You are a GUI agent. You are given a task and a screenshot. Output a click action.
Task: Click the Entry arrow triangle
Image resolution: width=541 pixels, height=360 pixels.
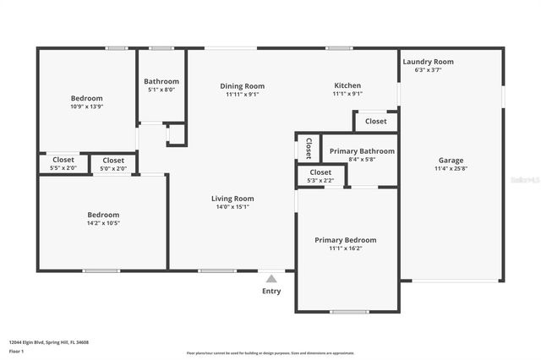[270, 278]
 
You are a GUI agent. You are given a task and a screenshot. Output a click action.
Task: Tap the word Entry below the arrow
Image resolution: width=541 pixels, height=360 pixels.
[271, 292]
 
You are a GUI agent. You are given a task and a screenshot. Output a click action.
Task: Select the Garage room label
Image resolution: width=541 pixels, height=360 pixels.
[451, 161]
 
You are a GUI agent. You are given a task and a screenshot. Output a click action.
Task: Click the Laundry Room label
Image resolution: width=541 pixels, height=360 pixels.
[428, 62]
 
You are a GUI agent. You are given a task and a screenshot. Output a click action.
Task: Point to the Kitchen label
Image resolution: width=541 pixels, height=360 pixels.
[347, 85]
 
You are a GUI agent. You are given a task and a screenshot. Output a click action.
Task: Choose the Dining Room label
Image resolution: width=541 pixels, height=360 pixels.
[242, 85]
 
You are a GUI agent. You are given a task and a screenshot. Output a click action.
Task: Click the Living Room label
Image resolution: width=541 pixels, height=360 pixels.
[232, 199]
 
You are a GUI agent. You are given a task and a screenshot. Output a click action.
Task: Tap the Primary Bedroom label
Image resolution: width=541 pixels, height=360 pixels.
[346, 240]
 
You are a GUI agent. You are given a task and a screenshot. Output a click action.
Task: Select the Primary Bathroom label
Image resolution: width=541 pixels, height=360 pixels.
[350, 151]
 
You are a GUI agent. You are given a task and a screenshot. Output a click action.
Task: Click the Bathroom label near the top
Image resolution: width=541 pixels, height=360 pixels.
[162, 81]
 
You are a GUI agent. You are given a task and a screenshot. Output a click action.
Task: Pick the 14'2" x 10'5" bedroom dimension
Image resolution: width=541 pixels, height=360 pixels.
[104, 223]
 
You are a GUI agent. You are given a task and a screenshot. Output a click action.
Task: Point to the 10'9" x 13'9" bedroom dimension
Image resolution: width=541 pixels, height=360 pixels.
[88, 107]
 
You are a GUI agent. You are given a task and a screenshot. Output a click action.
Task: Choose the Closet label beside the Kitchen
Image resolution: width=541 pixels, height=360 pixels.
[375, 121]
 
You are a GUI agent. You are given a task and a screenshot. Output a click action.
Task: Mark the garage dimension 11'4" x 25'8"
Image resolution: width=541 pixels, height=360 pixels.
[451, 169]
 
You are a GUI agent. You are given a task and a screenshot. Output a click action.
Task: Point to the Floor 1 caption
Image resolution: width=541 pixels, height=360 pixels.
[17, 351]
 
